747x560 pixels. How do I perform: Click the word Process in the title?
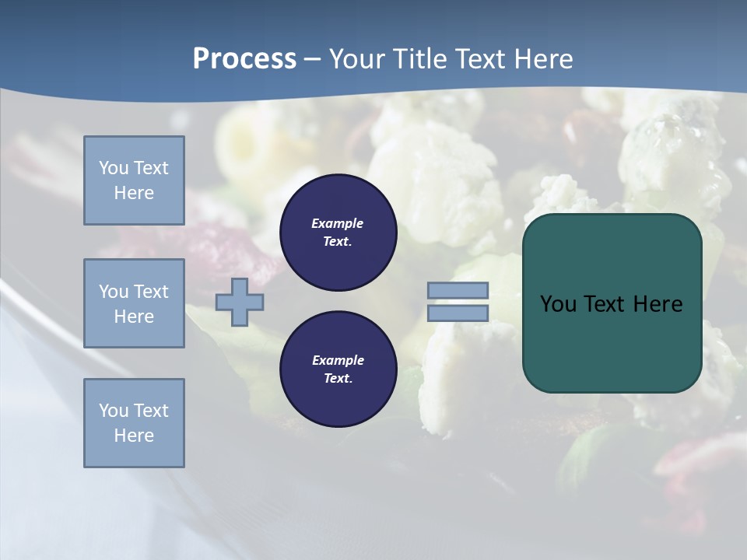tap(244, 59)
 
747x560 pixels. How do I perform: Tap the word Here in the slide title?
tap(542, 59)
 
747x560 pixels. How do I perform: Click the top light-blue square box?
tap(134, 180)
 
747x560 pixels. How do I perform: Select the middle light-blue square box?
tap(134, 303)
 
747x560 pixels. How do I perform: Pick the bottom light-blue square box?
tap(134, 423)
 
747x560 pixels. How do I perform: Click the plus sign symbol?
tap(240, 302)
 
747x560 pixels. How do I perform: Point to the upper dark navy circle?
tap(338, 233)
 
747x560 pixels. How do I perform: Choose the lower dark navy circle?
tap(338, 369)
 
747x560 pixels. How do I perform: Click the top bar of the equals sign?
tap(458, 291)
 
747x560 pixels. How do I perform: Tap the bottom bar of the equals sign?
tap(458, 313)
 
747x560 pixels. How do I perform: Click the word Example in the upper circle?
tap(338, 223)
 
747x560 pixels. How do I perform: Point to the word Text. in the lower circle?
tap(338, 379)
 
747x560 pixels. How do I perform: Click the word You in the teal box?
tap(558, 304)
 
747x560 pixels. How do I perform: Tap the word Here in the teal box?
tap(658, 304)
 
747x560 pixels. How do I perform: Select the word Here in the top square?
tap(134, 193)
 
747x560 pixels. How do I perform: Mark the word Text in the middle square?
tap(151, 292)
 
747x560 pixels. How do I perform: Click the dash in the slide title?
tap(312, 59)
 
